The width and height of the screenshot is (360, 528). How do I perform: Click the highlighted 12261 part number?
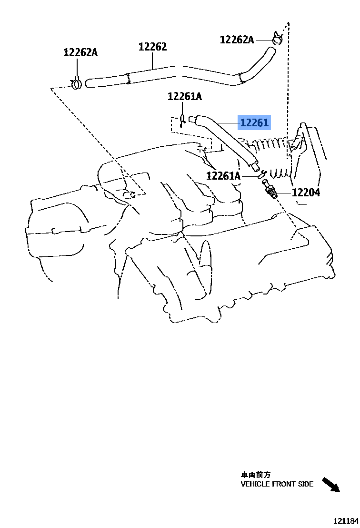tap(254, 123)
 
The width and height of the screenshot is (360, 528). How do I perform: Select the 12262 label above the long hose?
tap(153, 47)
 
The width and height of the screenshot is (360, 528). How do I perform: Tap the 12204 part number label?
tap(306, 193)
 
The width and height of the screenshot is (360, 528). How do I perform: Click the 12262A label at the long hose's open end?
tap(80, 52)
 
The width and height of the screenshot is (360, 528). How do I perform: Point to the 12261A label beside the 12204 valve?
tap(223, 176)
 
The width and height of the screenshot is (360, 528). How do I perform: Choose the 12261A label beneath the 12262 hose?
tap(184, 97)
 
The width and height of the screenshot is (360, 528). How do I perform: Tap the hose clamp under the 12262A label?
tap(76, 84)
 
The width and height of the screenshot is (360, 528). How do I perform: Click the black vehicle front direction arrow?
tap(331, 484)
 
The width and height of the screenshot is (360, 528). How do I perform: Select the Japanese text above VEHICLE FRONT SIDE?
tap(255, 475)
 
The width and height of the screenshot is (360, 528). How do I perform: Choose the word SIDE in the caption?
tap(305, 484)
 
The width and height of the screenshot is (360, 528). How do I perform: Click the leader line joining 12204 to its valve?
tap(284, 193)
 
